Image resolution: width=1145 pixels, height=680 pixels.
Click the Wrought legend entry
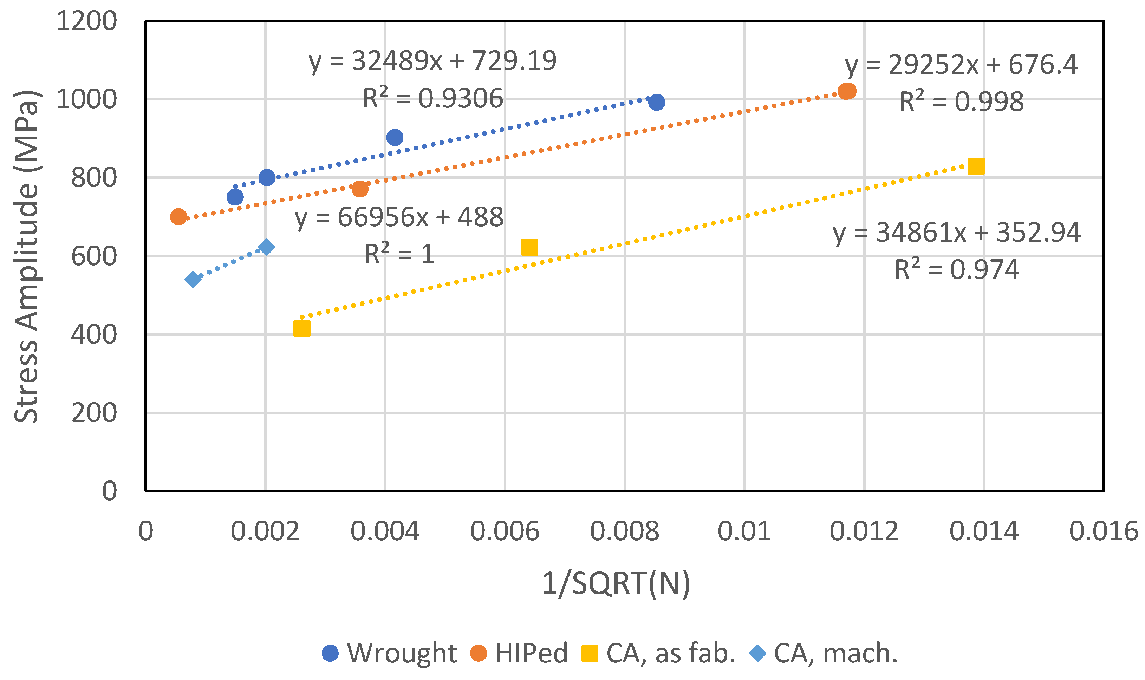pyautogui.click(x=389, y=653)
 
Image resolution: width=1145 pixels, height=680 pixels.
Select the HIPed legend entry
pyautogui.click(x=519, y=653)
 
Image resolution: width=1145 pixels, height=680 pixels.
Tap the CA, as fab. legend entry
pyautogui.click(x=658, y=653)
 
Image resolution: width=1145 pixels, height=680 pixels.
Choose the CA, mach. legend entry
pyautogui.click(x=823, y=653)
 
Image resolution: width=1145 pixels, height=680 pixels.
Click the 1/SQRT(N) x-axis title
pyautogui.click(x=616, y=584)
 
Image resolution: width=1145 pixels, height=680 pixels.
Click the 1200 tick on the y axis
pyautogui.click(x=86, y=21)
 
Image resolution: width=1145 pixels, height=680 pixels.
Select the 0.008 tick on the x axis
pyautogui.click(x=624, y=531)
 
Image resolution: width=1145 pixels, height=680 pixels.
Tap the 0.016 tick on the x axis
pyautogui.click(x=1103, y=531)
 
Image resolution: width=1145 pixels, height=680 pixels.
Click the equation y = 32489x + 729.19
pyautogui.click(x=432, y=61)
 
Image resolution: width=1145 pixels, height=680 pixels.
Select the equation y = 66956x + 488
pyautogui.click(x=399, y=217)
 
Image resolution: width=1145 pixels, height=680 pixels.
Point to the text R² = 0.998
pyautogui.click(x=961, y=102)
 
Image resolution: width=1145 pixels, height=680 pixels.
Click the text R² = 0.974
pyautogui.click(x=957, y=269)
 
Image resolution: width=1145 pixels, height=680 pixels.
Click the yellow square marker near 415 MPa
pyautogui.click(x=301, y=328)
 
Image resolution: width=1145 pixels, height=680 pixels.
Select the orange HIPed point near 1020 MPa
pyautogui.click(x=847, y=91)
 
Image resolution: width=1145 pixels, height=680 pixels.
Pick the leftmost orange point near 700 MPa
pyautogui.click(x=178, y=217)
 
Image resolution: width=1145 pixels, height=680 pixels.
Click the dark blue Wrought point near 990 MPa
pyautogui.click(x=656, y=102)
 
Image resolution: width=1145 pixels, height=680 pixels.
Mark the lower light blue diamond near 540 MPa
pyautogui.click(x=193, y=279)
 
